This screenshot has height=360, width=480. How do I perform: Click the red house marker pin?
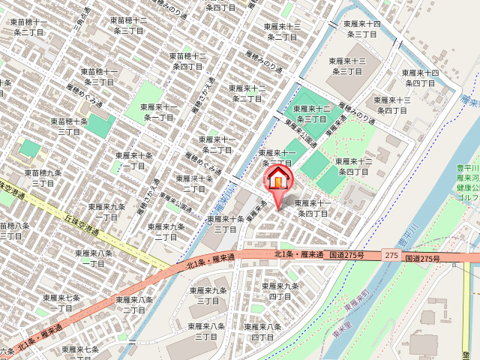[x=278, y=180]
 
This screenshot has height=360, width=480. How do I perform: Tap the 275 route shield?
[x=391, y=256]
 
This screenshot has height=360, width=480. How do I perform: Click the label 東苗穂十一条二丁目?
[x=29, y=28]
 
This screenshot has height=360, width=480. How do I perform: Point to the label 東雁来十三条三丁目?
[x=347, y=66]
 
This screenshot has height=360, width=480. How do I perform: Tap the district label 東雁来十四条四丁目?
[x=420, y=77]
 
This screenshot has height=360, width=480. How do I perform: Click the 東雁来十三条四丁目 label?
[x=392, y=105]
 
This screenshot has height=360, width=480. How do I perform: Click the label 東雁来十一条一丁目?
[x=160, y=112]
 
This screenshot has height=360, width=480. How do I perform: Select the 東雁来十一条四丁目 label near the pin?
[x=313, y=208]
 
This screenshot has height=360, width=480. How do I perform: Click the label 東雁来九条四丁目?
[x=280, y=291]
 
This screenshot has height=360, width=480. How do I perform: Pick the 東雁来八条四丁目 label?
[x=262, y=331]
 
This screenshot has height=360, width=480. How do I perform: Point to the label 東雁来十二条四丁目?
[x=353, y=166]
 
